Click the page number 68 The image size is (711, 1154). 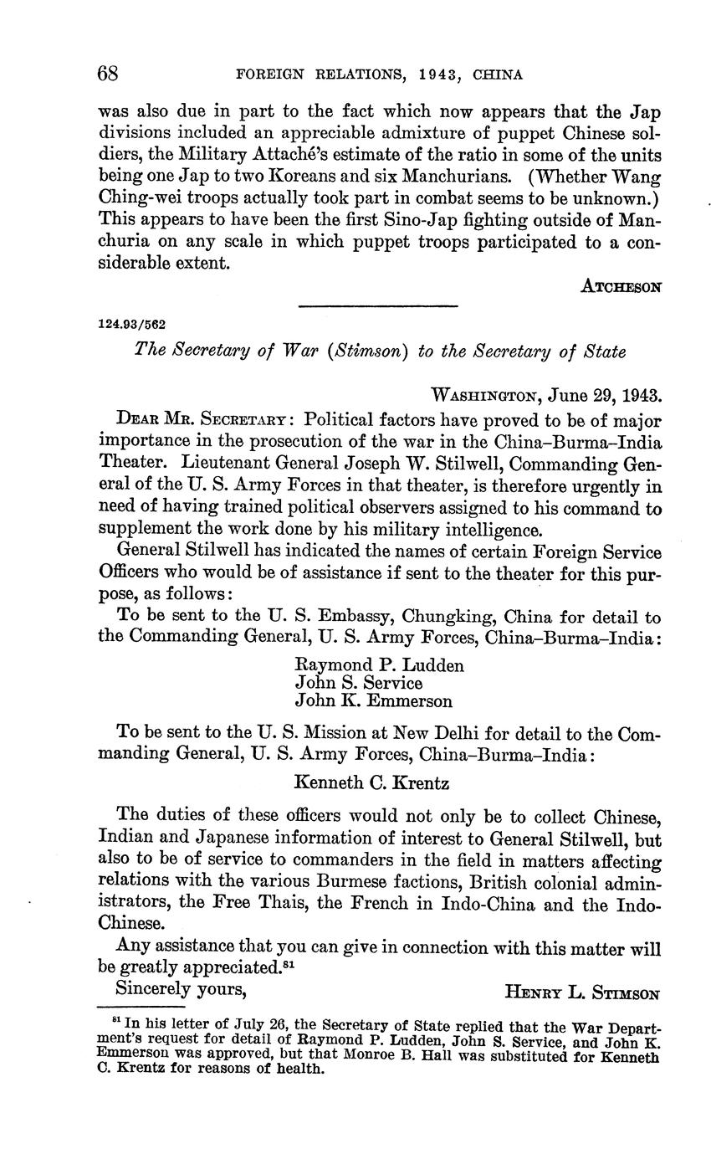[109, 73]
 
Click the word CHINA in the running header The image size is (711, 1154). [498, 74]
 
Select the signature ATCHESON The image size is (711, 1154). [621, 286]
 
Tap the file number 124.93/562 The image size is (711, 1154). [132, 324]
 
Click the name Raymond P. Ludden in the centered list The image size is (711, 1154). [379, 665]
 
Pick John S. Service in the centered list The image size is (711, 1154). [359, 683]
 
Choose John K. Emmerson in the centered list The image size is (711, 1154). [373, 701]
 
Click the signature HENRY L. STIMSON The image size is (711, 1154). [583, 993]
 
